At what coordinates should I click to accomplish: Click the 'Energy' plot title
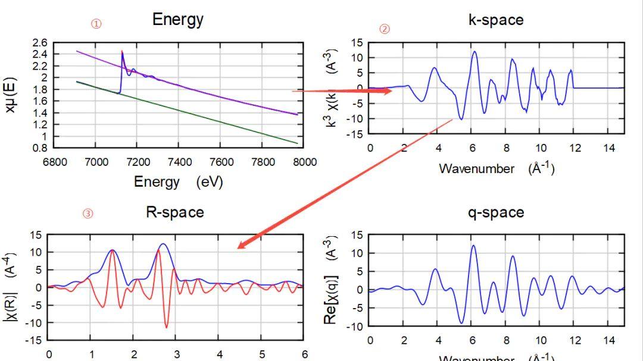tap(178, 19)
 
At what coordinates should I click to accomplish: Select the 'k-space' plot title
tap(496, 20)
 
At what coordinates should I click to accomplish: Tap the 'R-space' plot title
tap(175, 212)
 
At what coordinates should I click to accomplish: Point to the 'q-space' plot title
tap(496, 212)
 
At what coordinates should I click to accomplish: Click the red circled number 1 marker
tap(96, 24)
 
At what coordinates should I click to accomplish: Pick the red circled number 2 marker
tap(385, 29)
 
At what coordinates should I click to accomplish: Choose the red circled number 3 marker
tap(88, 214)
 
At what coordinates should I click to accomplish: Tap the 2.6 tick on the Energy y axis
tap(40, 43)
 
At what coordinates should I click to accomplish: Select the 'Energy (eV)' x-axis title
tap(178, 182)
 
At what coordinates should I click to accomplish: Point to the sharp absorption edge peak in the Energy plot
tap(122, 52)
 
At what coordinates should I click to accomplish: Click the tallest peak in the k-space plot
tap(475, 52)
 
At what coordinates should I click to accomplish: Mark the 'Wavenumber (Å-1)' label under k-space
tap(497, 168)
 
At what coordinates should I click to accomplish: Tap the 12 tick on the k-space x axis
tap(574, 147)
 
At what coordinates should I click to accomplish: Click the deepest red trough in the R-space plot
tap(166, 327)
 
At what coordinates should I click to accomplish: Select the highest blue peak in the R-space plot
tap(163, 244)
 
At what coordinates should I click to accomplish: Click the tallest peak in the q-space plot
tap(474, 246)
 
